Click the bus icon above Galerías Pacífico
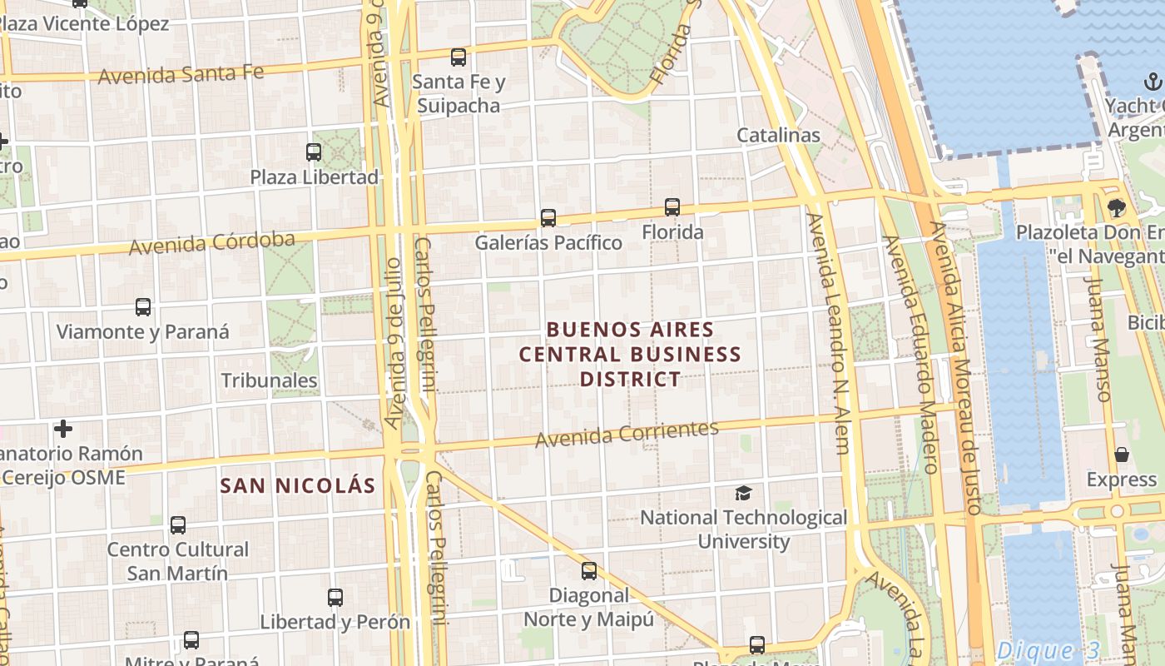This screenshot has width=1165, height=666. click(x=548, y=218)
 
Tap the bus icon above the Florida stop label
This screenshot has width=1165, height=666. click(x=672, y=207)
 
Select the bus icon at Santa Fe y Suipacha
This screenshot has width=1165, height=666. click(x=459, y=57)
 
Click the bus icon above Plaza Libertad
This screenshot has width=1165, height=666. click(x=314, y=152)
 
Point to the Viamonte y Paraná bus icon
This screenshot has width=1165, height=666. click(x=143, y=307)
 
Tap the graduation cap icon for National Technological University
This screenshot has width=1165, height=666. click(x=743, y=493)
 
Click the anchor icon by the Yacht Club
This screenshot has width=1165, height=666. click(x=1153, y=82)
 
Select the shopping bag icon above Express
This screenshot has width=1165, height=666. click(x=1122, y=455)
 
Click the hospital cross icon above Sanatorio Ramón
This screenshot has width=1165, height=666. click(x=63, y=429)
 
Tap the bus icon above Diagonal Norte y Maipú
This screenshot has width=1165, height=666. click(x=589, y=571)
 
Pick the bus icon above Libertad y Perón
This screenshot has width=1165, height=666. click(x=335, y=598)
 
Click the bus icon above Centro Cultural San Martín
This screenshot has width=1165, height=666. click(x=178, y=525)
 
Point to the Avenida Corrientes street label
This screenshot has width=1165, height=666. click(x=627, y=433)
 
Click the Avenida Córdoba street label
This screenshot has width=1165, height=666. click(x=212, y=243)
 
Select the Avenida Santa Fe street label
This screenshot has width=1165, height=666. click(x=181, y=74)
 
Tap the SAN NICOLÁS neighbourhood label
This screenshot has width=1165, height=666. click(x=297, y=485)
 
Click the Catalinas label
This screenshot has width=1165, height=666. click(x=778, y=135)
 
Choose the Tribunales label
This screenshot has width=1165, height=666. click(x=269, y=380)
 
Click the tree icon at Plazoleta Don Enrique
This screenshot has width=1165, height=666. click(x=1116, y=207)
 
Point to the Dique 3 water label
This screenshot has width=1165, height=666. click(x=1048, y=650)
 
